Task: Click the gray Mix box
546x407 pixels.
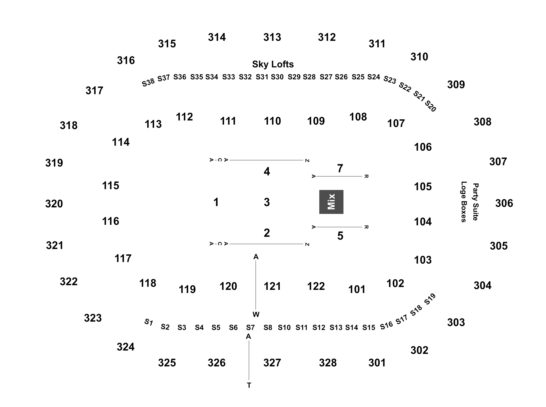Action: click(331, 202)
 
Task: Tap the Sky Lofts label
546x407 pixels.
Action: click(273, 64)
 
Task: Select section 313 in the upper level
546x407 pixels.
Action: click(272, 37)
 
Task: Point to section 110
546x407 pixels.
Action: click(272, 121)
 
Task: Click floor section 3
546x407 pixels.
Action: click(267, 202)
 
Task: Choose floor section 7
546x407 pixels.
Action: click(340, 168)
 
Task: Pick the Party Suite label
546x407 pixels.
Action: click(476, 202)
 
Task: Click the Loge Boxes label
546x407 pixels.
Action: click(464, 202)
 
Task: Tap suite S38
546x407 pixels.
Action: click(148, 82)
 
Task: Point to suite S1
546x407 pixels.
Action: click(148, 322)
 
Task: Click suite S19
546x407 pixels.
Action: click(430, 299)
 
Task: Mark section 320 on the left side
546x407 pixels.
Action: click(54, 204)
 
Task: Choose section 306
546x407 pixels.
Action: click(504, 203)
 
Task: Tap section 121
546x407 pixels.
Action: click(272, 286)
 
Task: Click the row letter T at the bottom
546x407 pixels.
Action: click(249, 385)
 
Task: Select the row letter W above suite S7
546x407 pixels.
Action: click(256, 315)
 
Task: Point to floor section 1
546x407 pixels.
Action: click(216, 202)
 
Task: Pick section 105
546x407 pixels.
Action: click(423, 187)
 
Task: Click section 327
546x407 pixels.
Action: click(272, 363)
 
